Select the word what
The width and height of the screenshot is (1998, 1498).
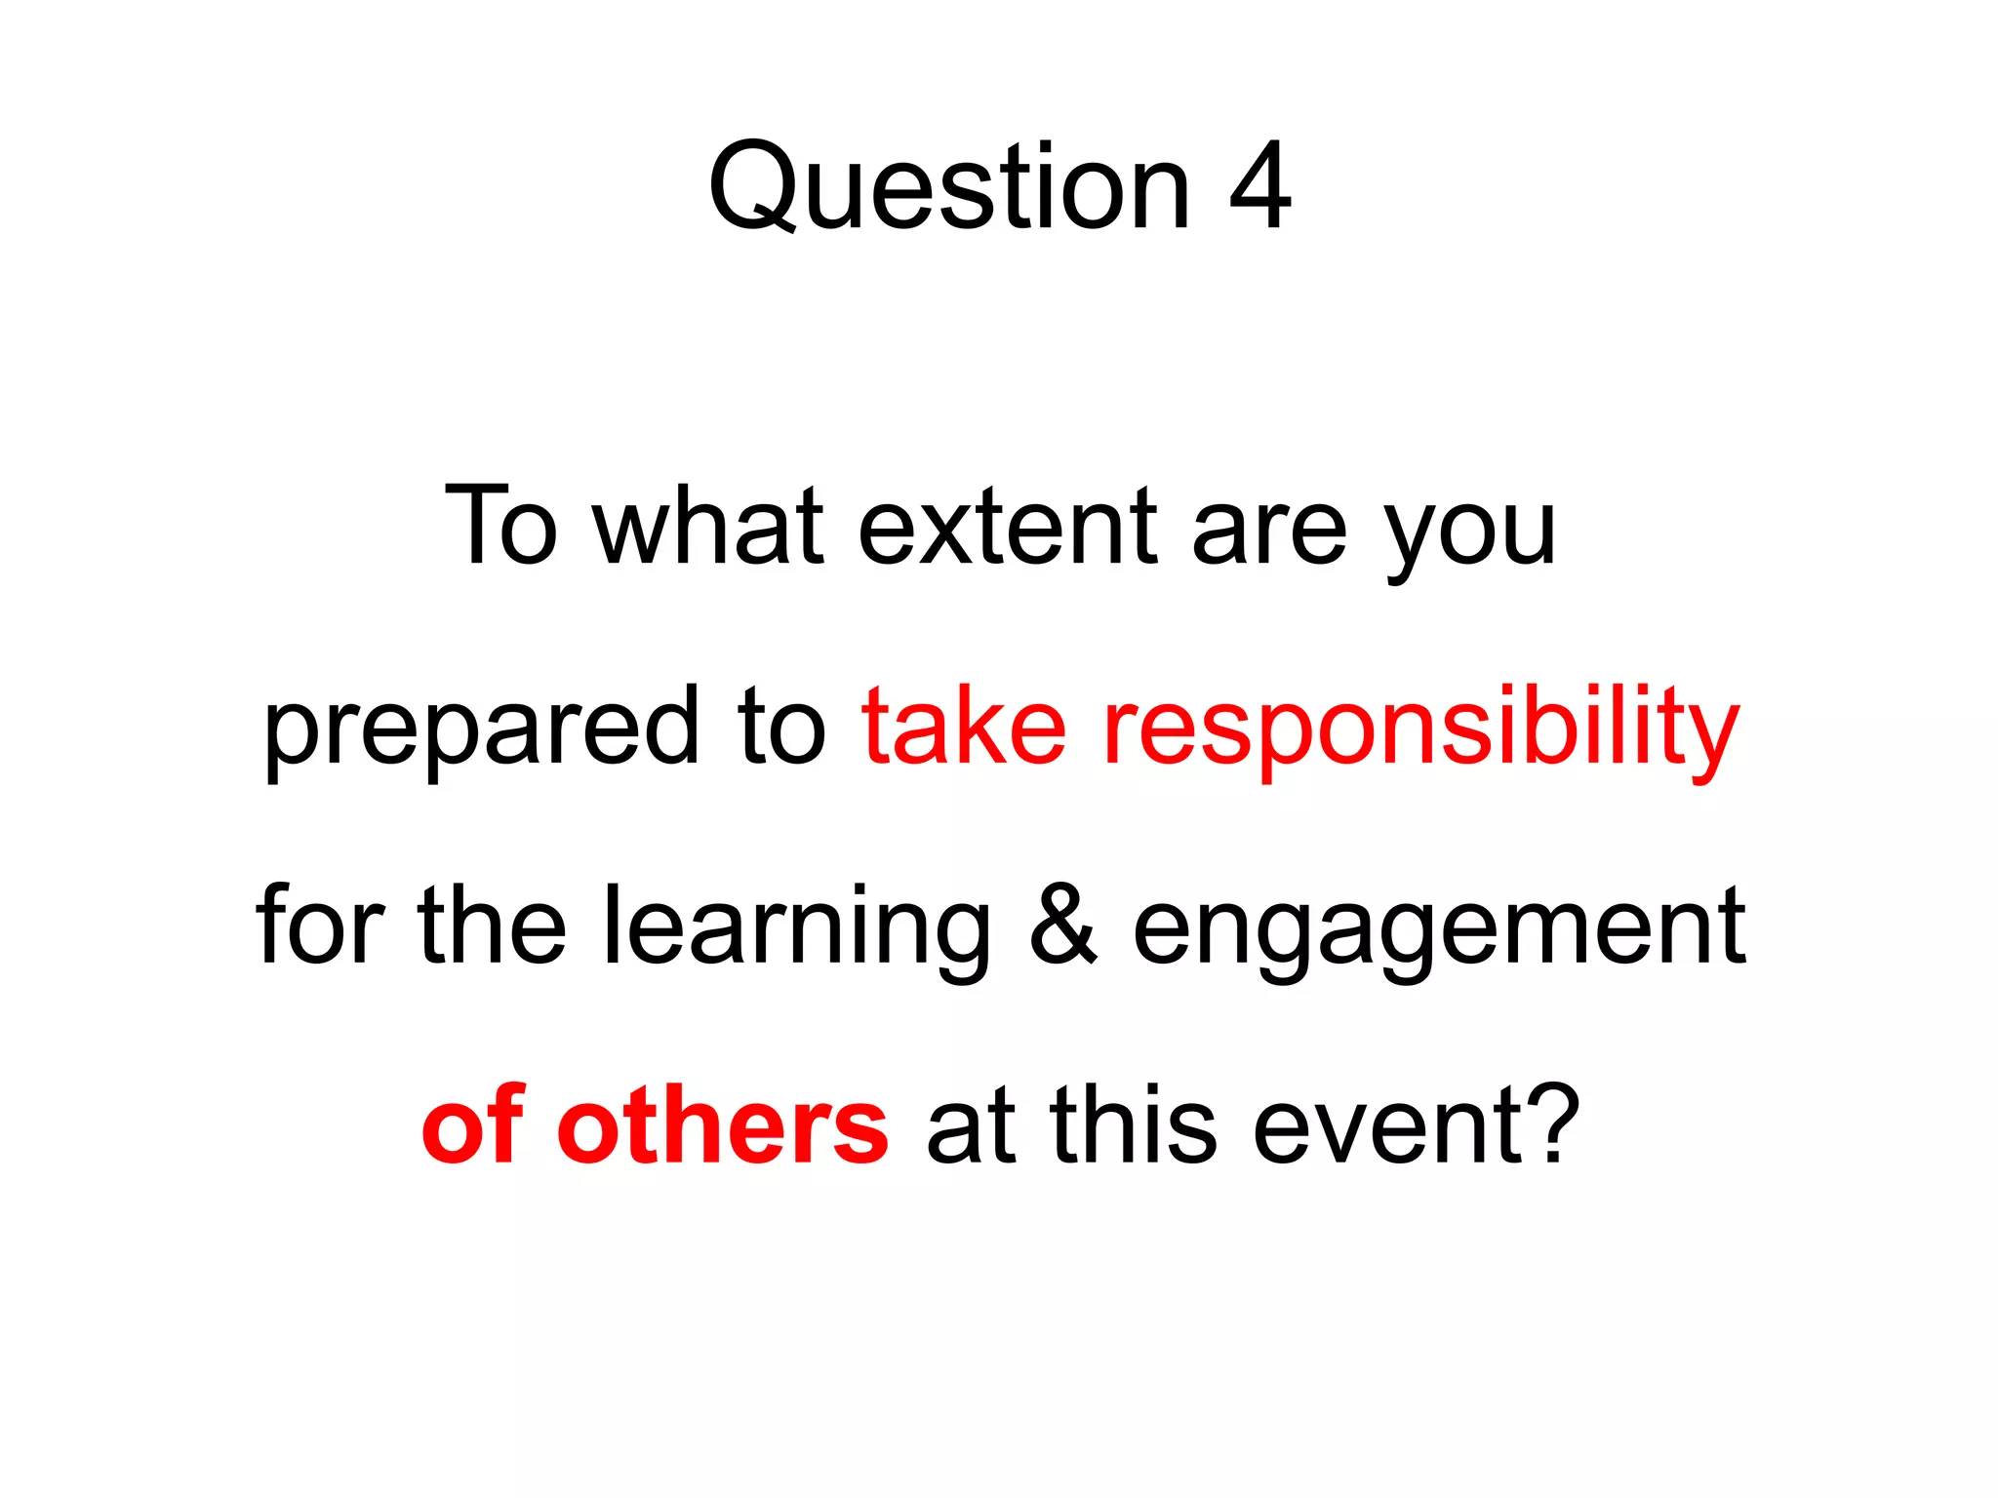tap(709, 527)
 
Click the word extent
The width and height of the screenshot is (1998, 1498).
tap(1008, 527)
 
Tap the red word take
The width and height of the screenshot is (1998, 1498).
tap(964, 727)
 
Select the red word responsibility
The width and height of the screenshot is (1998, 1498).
tap(1420, 729)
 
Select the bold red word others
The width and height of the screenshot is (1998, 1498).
tap(722, 1126)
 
